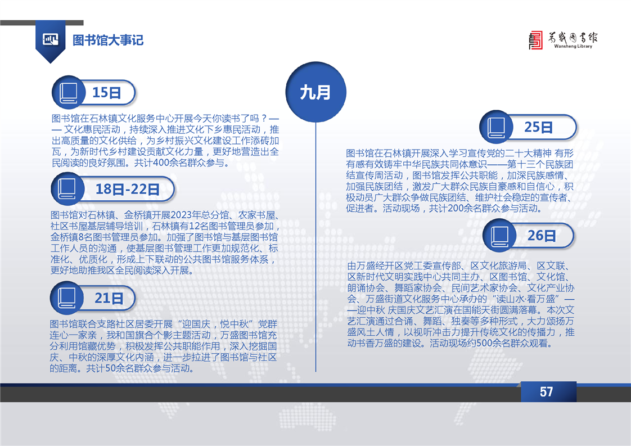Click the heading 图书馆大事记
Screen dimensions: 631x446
click(x=108, y=40)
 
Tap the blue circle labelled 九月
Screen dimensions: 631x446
click(x=316, y=92)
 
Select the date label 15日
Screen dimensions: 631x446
click(x=107, y=93)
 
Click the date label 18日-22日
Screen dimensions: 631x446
click(x=128, y=189)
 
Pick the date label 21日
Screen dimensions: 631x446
click(x=109, y=298)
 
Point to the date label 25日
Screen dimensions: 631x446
click(x=538, y=127)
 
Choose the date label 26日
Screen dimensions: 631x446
click(x=542, y=236)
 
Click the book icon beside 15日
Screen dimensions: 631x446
click(x=69, y=93)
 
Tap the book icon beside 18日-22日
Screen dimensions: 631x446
click(x=67, y=189)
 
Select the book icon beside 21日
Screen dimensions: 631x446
click(x=67, y=298)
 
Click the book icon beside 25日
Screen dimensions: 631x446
click(x=496, y=127)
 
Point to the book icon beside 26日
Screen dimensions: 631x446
click(x=499, y=236)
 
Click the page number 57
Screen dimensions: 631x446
click(x=547, y=391)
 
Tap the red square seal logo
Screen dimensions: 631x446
click(x=535, y=40)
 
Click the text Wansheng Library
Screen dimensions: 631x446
click(x=573, y=46)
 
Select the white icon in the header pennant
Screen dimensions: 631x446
click(x=50, y=39)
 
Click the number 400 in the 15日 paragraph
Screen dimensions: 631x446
click(x=161, y=163)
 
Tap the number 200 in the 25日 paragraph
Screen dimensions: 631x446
click(x=456, y=209)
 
